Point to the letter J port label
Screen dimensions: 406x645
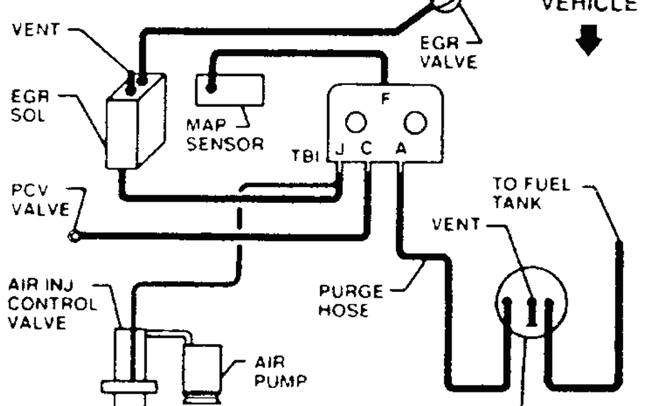pyautogui.click(x=340, y=150)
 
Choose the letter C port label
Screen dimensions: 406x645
pyautogui.click(x=366, y=150)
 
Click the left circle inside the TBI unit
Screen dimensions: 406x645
pyautogui.click(x=355, y=121)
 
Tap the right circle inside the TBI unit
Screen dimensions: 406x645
pyautogui.click(x=415, y=121)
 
